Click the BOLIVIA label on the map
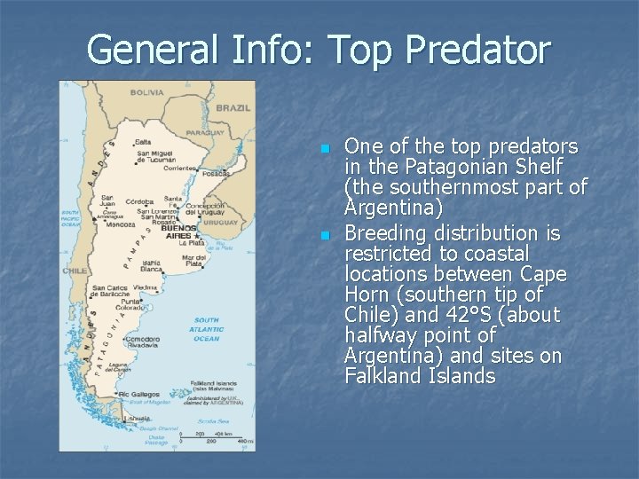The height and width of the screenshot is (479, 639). click(147, 91)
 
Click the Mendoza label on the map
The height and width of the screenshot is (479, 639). click(118, 224)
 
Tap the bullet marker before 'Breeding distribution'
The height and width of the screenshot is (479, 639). click(325, 235)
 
